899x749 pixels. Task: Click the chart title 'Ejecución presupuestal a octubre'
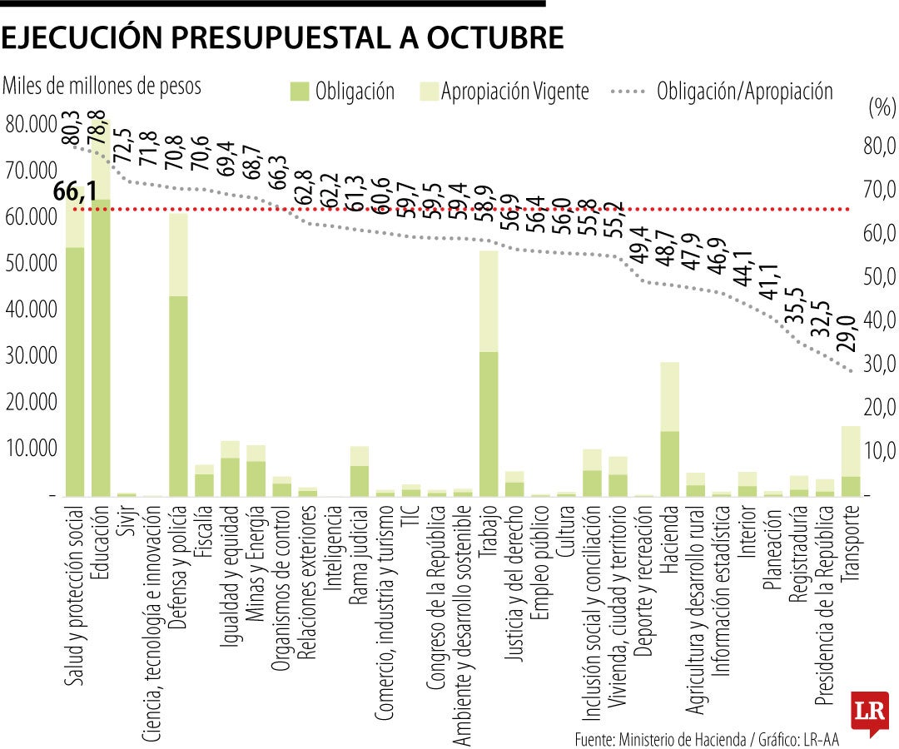tap(283, 38)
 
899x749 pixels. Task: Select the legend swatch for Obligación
tap(299, 92)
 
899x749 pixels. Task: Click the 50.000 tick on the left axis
tap(32, 264)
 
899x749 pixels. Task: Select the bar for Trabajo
tap(489, 374)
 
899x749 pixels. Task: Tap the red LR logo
tap(869, 713)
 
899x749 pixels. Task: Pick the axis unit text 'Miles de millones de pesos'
tap(103, 86)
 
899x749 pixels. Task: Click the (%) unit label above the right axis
tap(880, 107)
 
